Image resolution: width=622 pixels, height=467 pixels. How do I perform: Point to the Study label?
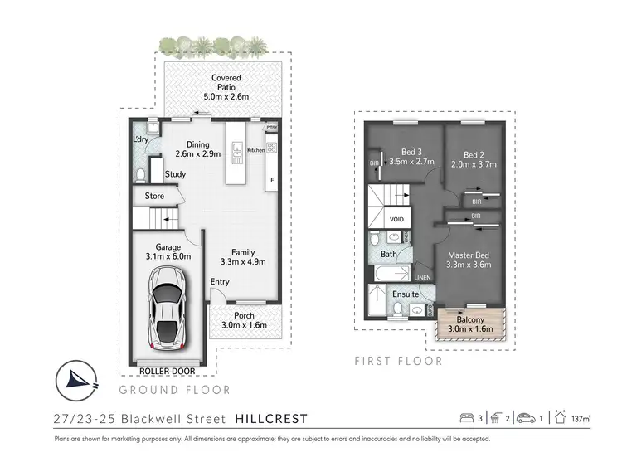[x=175, y=174]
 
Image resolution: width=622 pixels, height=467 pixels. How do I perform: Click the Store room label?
[x=155, y=197]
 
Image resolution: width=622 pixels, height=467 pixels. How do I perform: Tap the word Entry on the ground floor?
[x=220, y=282]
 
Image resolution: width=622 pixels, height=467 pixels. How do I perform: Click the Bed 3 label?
[x=412, y=152]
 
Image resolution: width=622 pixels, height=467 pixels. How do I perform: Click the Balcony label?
[x=471, y=320]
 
